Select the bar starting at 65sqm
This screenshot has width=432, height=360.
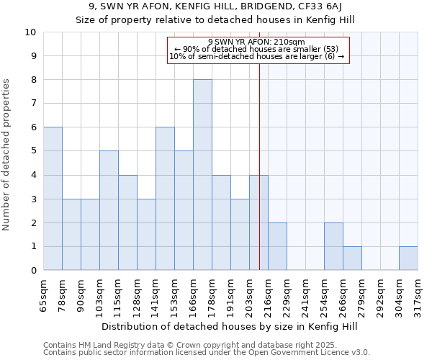coord(53,199)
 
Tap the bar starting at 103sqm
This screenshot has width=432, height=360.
coord(109,210)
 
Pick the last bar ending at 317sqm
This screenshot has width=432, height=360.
coord(408,258)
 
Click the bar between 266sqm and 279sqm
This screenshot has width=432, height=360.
coord(352,258)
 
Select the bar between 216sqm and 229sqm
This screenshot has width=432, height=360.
coord(277,246)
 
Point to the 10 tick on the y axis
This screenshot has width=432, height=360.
coord(30,32)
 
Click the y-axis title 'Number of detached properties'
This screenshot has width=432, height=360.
coord(7,155)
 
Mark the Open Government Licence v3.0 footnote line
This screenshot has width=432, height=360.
coord(207,353)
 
